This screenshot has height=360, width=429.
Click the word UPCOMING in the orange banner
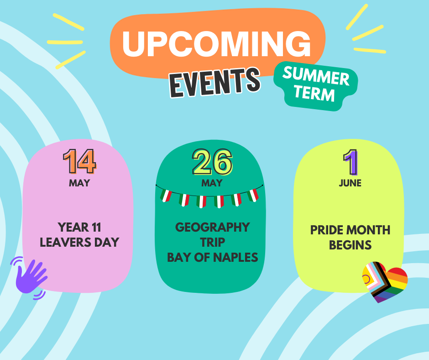point(216,44)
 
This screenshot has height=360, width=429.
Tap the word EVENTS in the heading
point(215,82)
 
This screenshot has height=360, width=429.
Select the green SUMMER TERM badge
point(316,86)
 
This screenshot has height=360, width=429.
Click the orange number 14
point(79,162)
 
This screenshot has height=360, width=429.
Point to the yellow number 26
point(212,162)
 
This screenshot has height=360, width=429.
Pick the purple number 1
point(351,163)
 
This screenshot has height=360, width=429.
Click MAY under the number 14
point(79,183)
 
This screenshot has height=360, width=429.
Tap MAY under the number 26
point(212,183)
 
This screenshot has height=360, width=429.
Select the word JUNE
point(350,183)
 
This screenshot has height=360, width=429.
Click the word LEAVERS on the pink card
point(65,243)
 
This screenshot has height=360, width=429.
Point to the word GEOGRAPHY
point(213,228)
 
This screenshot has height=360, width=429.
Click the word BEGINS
point(350,245)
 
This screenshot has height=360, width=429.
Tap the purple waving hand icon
point(30,277)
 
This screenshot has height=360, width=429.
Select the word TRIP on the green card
point(213,243)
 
